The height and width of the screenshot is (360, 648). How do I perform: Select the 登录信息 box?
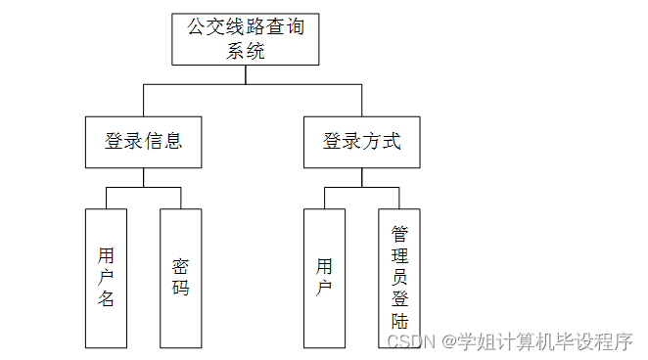click(x=144, y=142)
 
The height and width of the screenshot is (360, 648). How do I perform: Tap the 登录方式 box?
click(x=361, y=142)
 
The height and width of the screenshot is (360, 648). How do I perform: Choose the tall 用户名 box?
click(x=106, y=278)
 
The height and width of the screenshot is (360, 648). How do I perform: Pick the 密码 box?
click(x=180, y=278)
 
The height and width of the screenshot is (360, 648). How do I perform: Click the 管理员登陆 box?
click(x=399, y=278)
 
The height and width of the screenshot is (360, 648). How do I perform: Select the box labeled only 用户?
click(x=325, y=278)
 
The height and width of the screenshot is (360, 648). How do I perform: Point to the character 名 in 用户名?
click(x=106, y=299)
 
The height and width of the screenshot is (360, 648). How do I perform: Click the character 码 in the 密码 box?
click(x=180, y=289)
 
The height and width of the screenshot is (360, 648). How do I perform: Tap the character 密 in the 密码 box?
click(x=180, y=266)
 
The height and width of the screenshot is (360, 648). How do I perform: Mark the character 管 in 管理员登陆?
click(x=399, y=234)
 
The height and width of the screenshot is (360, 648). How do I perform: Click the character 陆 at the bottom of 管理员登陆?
click(x=399, y=322)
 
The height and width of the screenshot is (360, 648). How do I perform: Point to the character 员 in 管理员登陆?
click(x=399, y=278)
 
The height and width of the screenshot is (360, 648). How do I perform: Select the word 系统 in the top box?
click(x=246, y=52)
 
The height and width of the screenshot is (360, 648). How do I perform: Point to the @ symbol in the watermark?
click(x=448, y=341)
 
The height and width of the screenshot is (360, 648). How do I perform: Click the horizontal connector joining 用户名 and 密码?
click(x=144, y=186)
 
